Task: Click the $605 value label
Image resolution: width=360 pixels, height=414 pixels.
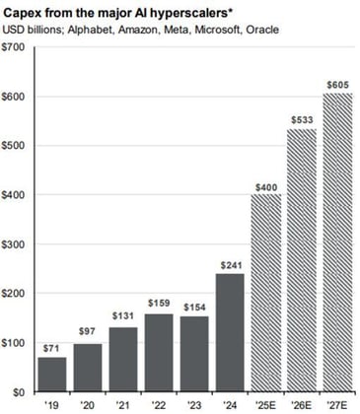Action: pyautogui.click(x=337, y=85)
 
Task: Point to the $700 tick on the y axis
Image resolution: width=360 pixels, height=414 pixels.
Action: pyautogui.click(x=17, y=46)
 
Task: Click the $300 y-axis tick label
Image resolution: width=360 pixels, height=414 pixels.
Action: pyautogui.click(x=17, y=244)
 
